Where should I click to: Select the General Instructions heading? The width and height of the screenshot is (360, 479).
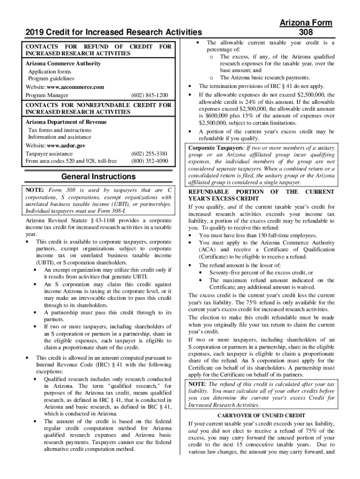(99, 177)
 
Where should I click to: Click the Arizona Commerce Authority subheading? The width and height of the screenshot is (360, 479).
(63, 64)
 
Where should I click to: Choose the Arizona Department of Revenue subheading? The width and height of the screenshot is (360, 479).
(66, 122)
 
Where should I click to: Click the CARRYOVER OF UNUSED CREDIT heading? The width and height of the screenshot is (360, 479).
(261, 415)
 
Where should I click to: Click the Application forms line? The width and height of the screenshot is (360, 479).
(50, 72)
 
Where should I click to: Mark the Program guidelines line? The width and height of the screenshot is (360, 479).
(51, 79)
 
